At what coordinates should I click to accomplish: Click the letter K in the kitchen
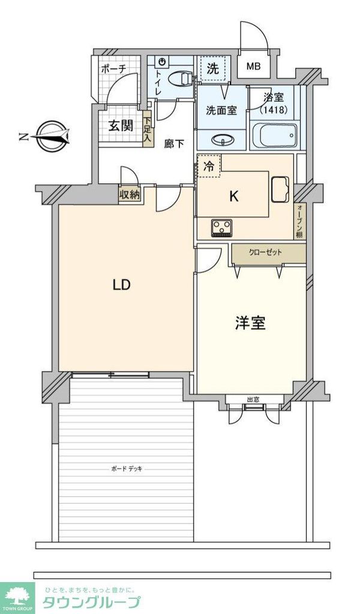click(235, 195)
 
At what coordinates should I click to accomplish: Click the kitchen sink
click(281, 189)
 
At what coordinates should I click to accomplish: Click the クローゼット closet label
click(265, 252)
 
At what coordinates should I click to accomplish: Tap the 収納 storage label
click(129, 194)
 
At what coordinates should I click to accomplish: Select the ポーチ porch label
click(113, 69)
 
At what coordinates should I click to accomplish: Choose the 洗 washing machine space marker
click(213, 68)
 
